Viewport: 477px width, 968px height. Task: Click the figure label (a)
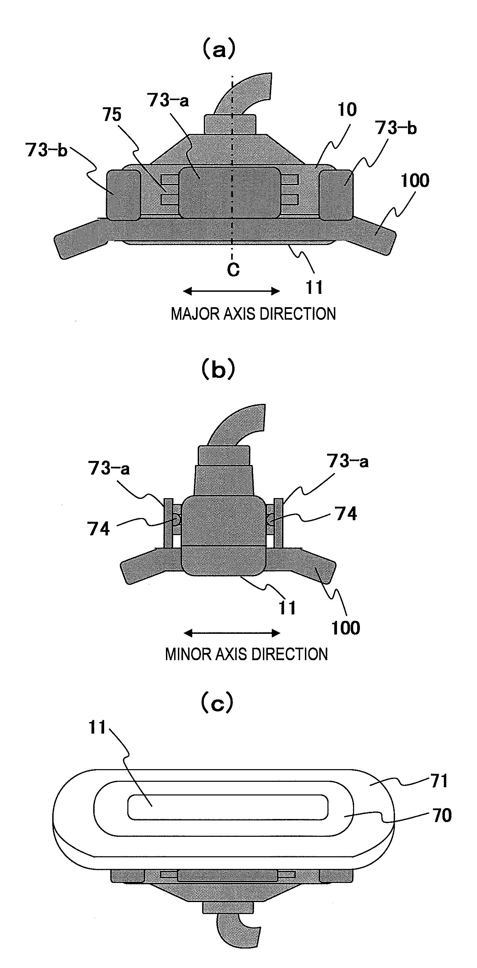point(219,49)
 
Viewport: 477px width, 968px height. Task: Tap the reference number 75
point(112,114)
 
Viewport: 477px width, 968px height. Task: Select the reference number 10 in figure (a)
point(347,110)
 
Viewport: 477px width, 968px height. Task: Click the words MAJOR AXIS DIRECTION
point(253,314)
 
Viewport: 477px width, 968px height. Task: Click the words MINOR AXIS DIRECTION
point(247,654)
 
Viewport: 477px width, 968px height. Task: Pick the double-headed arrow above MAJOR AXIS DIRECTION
point(232,291)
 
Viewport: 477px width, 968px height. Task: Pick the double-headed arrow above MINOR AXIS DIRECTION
point(232,633)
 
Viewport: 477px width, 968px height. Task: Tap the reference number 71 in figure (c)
point(439,781)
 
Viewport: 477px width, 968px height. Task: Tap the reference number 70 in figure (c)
point(442,815)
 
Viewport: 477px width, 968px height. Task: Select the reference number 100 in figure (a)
point(415,181)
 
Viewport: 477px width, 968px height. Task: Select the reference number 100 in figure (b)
point(345,628)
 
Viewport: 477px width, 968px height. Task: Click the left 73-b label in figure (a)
point(46,150)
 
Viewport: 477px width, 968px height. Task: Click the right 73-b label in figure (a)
point(396,128)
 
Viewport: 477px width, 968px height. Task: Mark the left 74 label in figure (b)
point(98,529)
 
